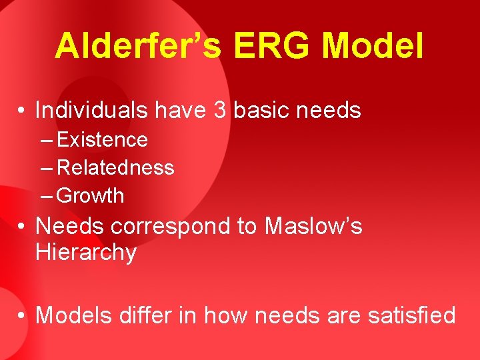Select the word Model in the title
pos(373,47)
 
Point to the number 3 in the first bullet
pos(220,111)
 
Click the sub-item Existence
pos(103,140)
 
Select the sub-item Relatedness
pos(116,168)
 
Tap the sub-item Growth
pos(91,196)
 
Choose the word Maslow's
pos(313,227)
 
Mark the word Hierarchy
pos(85,253)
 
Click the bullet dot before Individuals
pos(23,111)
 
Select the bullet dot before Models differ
pos(23,315)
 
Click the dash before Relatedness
pos(47,168)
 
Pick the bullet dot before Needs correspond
pos(23,227)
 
